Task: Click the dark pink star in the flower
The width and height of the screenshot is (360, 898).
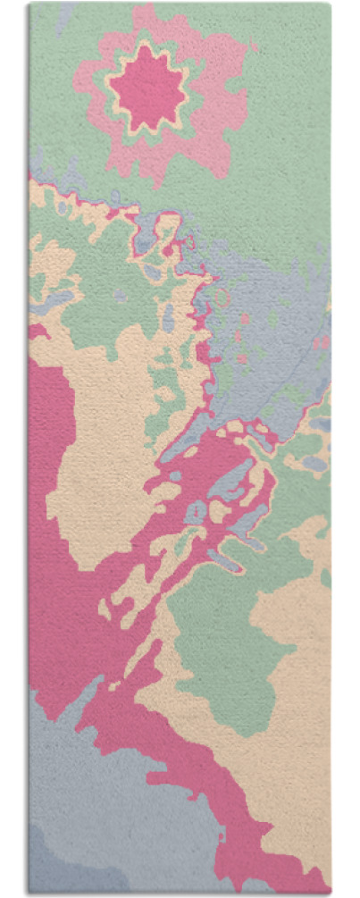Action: click(147, 87)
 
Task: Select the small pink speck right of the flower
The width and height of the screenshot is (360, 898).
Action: click(255, 46)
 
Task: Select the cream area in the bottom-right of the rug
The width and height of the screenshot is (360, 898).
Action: click(286, 760)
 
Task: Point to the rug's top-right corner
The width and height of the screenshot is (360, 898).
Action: click(328, 5)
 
